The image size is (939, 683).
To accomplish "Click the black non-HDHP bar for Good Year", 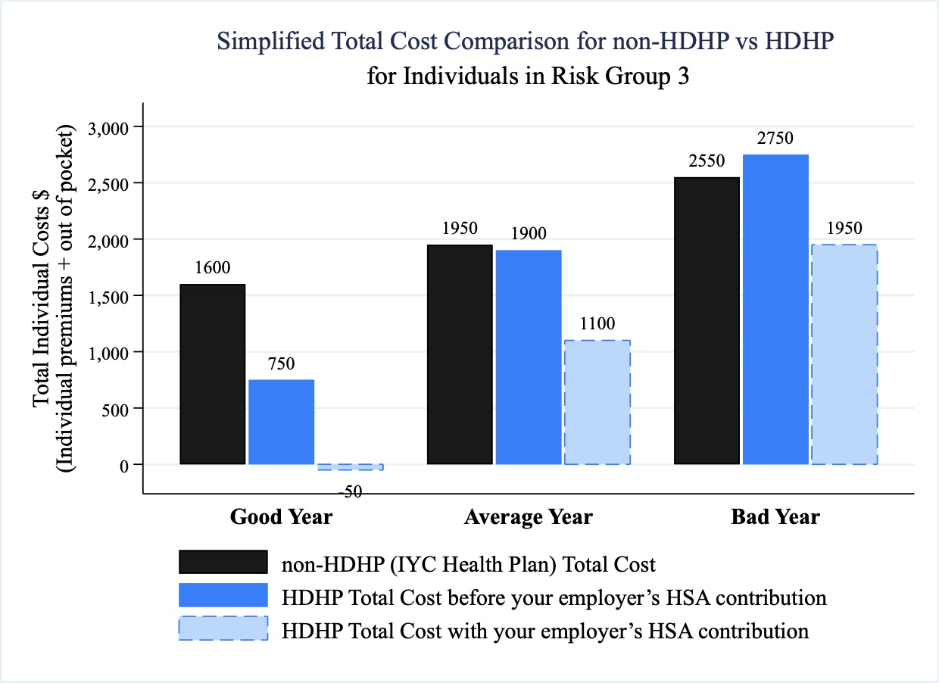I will pyautogui.click(x=213, y=374).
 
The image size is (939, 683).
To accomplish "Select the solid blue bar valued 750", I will pyautogui.click(x=282, y=422).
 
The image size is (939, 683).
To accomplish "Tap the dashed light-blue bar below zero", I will pyautogui.click(x=350, y=467).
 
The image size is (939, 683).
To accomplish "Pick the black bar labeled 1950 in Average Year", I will pyautogui.click(x=460, y=354).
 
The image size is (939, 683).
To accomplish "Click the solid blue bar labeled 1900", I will pyautogui.click(x=529, y=357).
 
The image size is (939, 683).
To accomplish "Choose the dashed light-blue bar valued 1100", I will pyautogui.click(x=597, y=402).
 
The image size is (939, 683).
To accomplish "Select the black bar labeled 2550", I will pyautogui.click(x=707, y=320).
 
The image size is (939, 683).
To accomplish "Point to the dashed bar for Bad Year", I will pyautogui.click(x=844, y=354).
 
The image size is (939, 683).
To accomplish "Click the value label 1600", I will pyautogui.click(x=213, y=267).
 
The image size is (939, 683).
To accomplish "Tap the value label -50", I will pyautogui.click(x=349, y=491).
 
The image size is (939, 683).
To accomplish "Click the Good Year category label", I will pyautogui.click(x=281, y=517).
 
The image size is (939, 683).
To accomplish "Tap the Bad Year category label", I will pyautogui.click(x=775, y=517).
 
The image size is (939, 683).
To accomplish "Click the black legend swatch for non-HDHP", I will pyautogui.click(x=223, y=563).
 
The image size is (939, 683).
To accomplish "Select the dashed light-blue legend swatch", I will pyautogui.click(x=223, y=628).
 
